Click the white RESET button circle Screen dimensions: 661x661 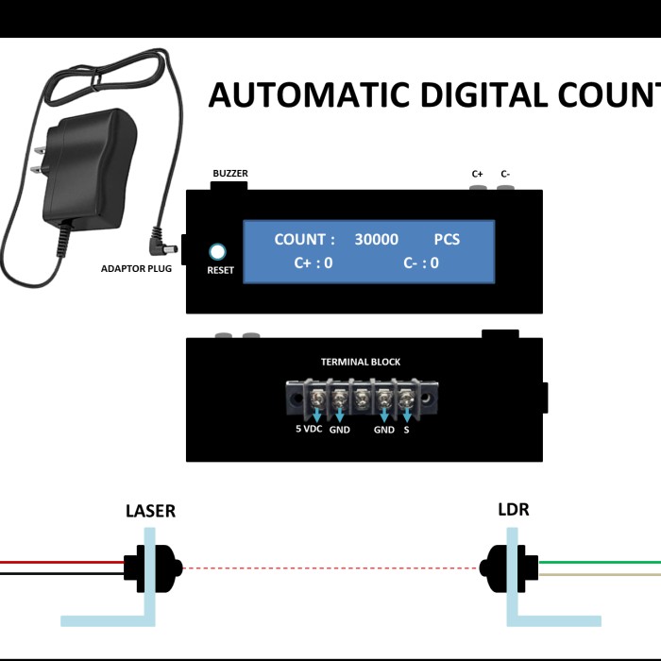(219, 252)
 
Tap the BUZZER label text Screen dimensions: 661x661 (230, 174)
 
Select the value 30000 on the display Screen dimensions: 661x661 (376, 240)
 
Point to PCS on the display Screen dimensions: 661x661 (447, 240)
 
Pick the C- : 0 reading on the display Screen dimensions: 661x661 (421, 263)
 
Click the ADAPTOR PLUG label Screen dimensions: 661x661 (136, 269)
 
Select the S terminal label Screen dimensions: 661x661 (407, 429)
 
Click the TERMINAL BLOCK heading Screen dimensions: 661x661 (361, 362)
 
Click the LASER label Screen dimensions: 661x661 (150, 511)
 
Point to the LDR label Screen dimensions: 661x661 (513, 510)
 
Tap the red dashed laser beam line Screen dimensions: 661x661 (330, 568)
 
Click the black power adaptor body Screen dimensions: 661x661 (85, 165)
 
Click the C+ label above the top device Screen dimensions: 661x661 (478, 174)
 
